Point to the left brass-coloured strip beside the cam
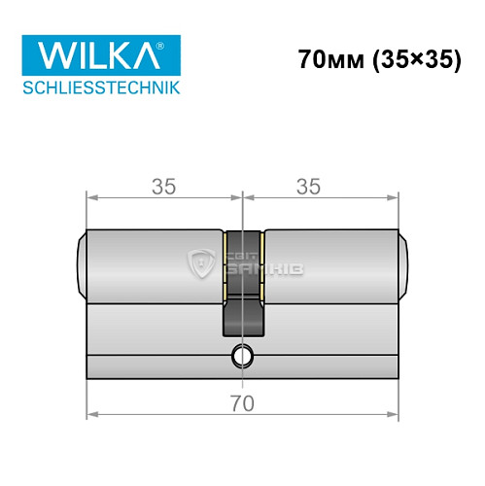click(x=226, y=262)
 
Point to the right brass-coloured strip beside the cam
click(x=260, y=262)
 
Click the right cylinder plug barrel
click(x=330, y=262)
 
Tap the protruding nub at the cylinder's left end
click(x=80, y=262)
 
